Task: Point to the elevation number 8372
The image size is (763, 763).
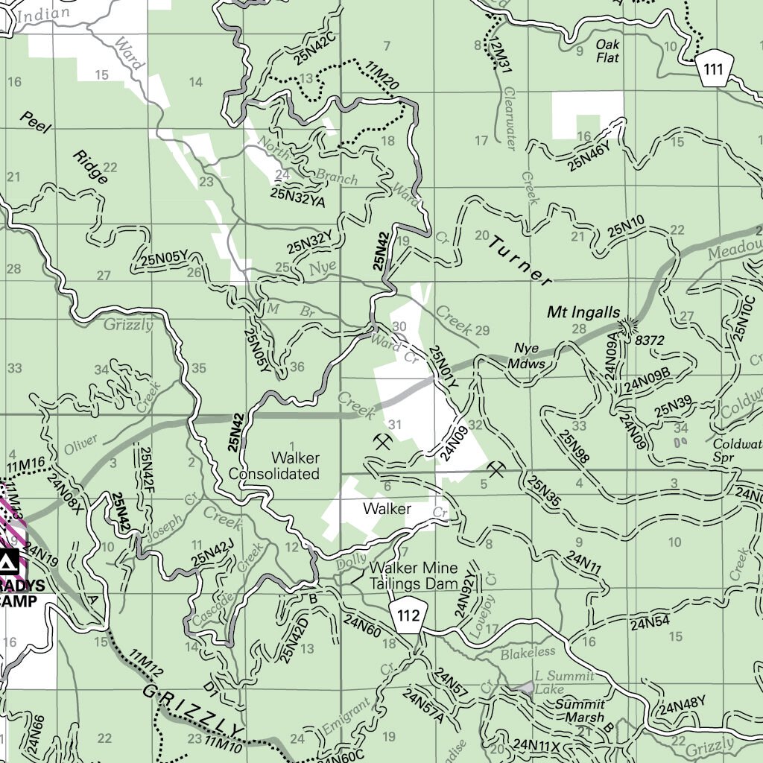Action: click(650, 340)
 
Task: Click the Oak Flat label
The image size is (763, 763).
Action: click(608, 50)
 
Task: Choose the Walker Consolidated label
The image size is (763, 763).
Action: click(274, 466)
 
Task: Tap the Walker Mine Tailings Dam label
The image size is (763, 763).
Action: click(414, 577)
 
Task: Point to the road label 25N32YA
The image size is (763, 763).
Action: click(298, 195)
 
